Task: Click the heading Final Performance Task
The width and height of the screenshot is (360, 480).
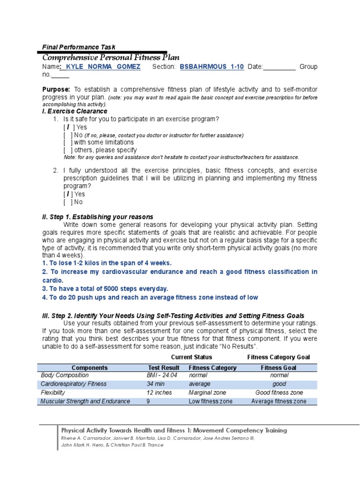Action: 78,47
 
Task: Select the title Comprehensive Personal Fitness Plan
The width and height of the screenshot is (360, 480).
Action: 111,57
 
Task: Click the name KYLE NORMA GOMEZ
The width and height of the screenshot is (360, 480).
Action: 103,67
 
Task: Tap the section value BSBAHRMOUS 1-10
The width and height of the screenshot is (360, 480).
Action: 212,67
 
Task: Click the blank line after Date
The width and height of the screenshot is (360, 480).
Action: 279,67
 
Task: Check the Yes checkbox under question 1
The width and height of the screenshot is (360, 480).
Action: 68,127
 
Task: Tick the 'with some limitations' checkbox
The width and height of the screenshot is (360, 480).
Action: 68,142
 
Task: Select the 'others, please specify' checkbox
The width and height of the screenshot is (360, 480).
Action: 68,150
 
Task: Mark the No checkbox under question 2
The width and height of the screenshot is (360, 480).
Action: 68,202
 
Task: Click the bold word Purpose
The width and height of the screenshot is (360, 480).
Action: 56,89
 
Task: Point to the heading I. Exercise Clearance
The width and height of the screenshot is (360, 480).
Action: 75,111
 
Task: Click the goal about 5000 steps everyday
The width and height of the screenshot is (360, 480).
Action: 105,288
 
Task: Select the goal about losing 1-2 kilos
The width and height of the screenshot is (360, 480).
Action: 107,263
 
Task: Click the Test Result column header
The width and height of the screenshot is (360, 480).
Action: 164,367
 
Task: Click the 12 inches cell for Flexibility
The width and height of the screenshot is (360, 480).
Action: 159,392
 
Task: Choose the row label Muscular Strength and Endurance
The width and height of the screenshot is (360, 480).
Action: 85,401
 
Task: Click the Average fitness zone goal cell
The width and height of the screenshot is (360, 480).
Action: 278,401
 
